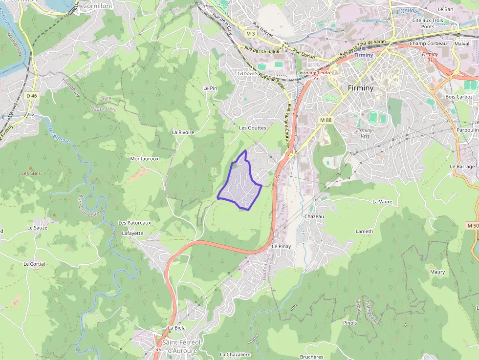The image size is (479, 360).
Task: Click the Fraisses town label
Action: click(246, 73)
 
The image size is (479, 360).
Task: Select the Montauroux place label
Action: click(144, 159)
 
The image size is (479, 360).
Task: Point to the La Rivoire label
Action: click(183, 132)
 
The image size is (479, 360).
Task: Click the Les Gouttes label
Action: click(253, 128)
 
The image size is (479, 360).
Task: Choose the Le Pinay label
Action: click(282, 246)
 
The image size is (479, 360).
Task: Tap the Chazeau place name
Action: click(314, 216)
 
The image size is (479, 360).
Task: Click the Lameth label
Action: click(364, 232)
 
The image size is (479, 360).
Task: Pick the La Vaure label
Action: click(382, 201)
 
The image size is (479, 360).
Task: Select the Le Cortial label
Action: click(34, 264)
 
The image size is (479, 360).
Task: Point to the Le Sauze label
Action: click(37, 228)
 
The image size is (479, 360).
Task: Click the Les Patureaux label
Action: click(135, 223)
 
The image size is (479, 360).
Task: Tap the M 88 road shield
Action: click(326, 120)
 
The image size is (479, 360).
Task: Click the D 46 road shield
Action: click(31, 96)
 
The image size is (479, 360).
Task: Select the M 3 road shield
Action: click(251, 34)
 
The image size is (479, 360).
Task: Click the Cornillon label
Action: click(97, 6)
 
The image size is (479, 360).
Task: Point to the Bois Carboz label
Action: click(459, 97)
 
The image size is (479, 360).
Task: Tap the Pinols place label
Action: click(350, 323)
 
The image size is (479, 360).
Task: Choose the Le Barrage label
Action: click(462, 167)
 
